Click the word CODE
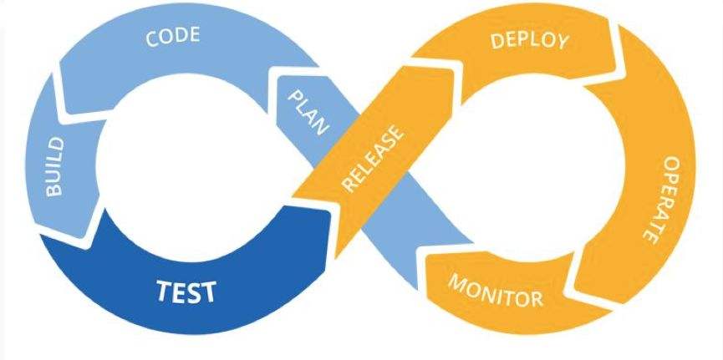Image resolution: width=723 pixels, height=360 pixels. (173, 37)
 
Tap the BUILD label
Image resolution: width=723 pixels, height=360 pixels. (55, 166)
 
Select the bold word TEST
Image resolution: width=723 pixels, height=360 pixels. (186, 292)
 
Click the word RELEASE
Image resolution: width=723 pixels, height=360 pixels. (374, 159)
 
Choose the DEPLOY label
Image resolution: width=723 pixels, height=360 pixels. (530, 41)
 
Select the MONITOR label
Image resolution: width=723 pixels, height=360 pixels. (496, 291)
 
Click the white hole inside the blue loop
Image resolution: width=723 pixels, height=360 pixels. (185, 167)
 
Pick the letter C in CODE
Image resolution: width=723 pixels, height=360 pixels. (151, 39)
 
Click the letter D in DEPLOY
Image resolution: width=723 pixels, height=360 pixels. (496, 42)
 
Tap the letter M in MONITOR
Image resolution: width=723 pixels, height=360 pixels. (457, 281)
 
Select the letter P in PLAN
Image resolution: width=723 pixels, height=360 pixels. (295, 96)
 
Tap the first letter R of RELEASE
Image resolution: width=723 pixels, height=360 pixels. (349, 185)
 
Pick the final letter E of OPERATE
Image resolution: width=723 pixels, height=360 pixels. (649, 238)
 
